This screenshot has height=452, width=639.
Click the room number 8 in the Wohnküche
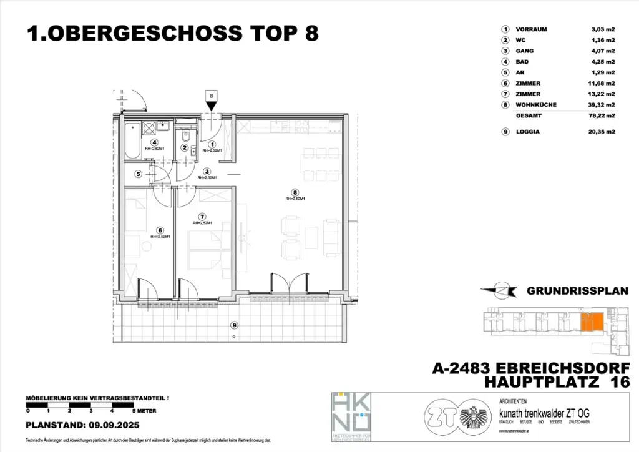click(x=295, y=192)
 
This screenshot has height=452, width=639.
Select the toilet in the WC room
click(x=185, y=136)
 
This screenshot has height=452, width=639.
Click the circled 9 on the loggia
click(x=233, y=325)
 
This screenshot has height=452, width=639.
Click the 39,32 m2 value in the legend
click(x=603, y=105)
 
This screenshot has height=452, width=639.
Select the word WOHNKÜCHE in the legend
click(x=536, y=105)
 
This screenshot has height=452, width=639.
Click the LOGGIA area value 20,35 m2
click(x=603, y=132)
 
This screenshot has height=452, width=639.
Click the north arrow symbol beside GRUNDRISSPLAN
click(x=499, y=290)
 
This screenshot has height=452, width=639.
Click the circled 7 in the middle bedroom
click(x=202, y=216)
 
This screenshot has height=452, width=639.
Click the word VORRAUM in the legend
click(x=532, y=29)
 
